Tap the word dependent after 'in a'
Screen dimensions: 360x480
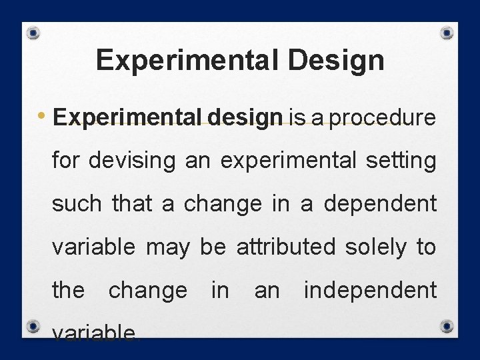(380, 204)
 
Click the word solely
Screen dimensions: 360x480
(375, 247)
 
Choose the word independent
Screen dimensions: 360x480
(370, 290)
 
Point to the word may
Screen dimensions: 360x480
(167, 247)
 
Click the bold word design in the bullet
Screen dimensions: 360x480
(246, 119)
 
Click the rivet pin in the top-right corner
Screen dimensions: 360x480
(448, 33)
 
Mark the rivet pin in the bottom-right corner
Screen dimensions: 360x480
(448, 326)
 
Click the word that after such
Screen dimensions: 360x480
(132, 204)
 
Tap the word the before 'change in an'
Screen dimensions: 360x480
(69, 290)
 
